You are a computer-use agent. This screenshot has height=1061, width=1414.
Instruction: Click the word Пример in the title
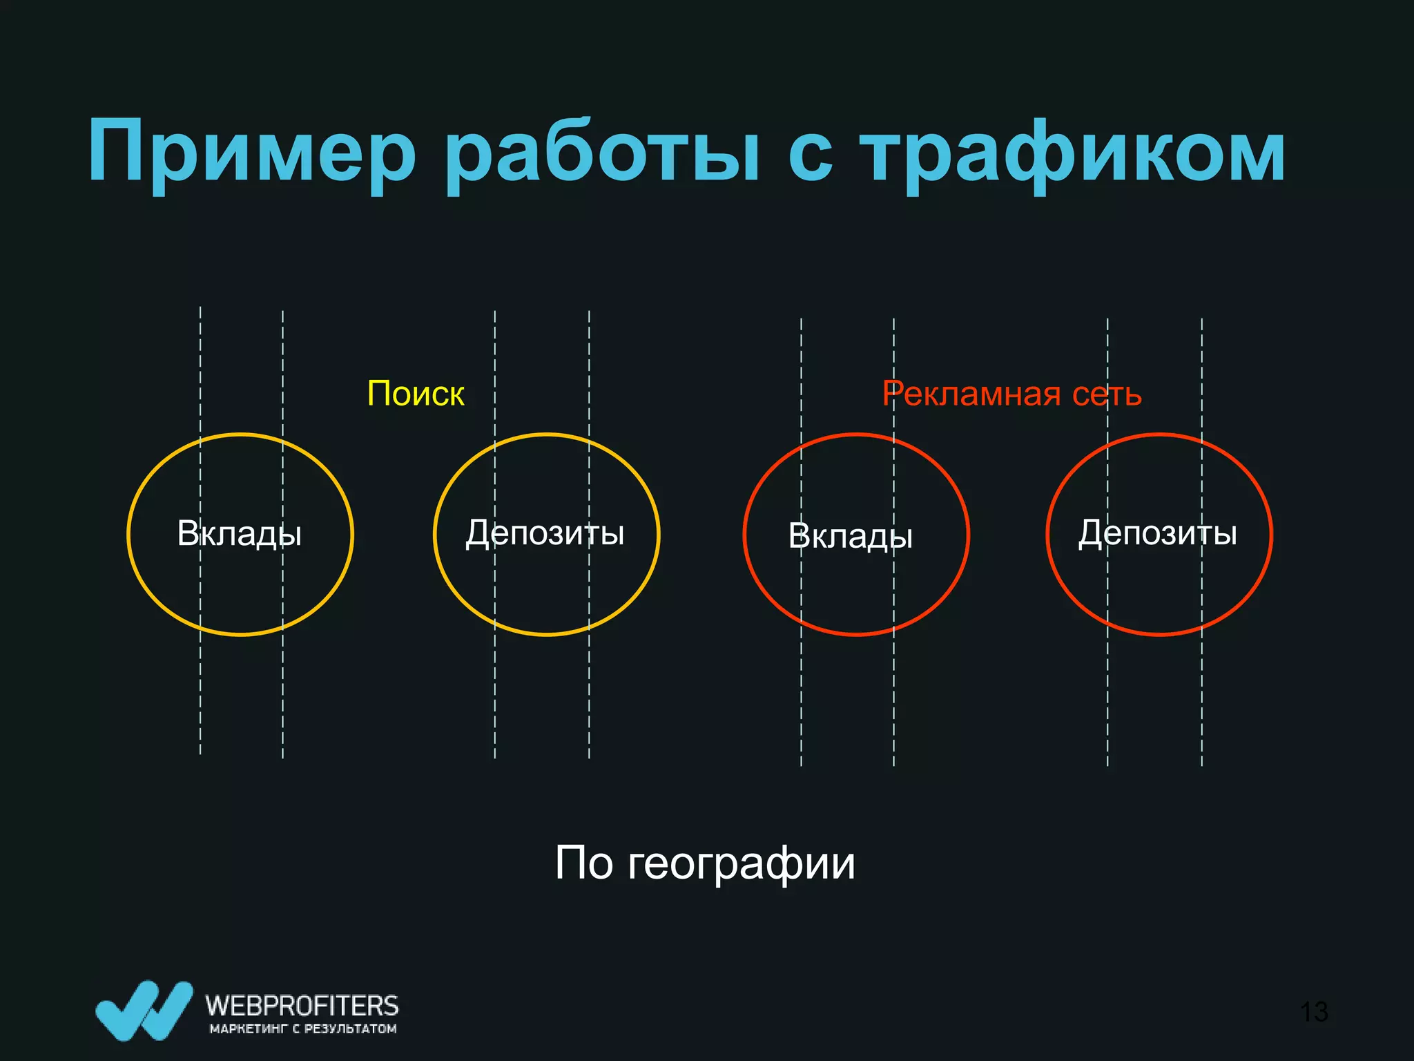pos(252,153)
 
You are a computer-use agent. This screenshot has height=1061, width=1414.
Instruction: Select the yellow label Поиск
pos(416,394)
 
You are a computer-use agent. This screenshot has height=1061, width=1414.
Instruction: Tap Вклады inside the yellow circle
pos(240,534)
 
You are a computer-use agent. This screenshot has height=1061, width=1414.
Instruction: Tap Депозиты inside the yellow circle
pos(545,533)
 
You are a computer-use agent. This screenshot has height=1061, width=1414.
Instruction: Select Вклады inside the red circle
pos(851,537)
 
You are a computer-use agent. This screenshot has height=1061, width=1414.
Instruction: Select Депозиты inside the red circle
pos(1158,533)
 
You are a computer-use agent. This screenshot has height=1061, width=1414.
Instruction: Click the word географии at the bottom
pos(742,863)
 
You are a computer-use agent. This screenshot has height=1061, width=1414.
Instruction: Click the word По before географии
pos(584,863)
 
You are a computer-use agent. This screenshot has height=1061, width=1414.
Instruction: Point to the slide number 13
pos(1313,1012)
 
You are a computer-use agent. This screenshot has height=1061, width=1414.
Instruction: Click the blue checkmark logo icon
pos(144,1010)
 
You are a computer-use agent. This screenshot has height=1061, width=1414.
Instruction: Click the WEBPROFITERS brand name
pos(302,1005)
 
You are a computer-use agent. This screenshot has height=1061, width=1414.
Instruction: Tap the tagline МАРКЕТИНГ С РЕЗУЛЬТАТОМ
pos(303,1029)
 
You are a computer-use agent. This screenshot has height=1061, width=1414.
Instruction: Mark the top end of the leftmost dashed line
pos(200,309)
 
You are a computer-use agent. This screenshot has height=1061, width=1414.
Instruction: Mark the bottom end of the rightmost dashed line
pos(1202,764)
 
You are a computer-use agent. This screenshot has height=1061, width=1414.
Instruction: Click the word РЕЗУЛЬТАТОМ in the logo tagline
pos(350,1029)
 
